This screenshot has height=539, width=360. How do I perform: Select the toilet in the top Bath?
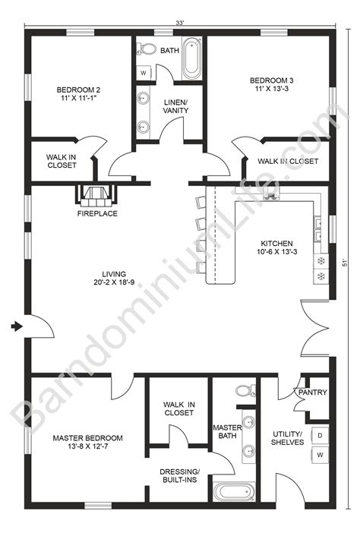(144, 49)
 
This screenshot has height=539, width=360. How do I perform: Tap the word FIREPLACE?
(97, 214)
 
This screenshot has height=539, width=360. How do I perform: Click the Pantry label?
(313, 393)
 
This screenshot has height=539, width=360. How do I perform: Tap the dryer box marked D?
(320, 435)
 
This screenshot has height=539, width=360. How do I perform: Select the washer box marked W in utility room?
(320, 455)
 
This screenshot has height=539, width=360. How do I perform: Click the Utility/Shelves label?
(287, 438)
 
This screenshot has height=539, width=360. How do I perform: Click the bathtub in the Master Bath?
(232, 493)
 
